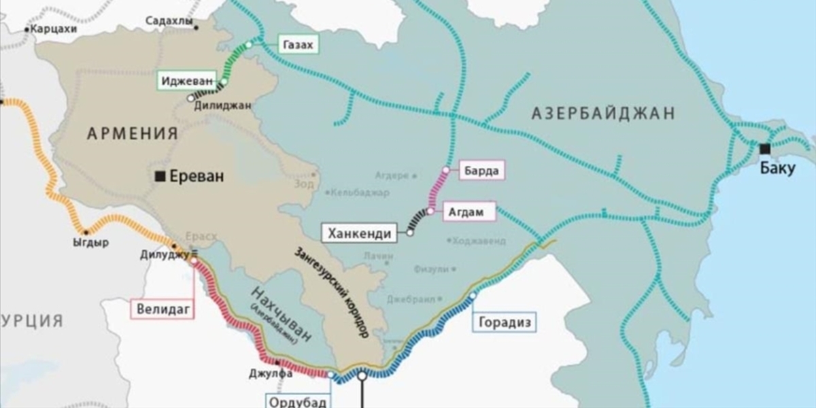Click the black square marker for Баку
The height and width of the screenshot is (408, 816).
click(x=765, y=149)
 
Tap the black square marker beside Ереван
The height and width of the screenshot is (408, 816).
click(x=160, y=177)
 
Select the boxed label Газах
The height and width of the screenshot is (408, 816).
click(x=298, y=45)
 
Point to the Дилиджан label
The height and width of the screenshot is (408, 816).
click(x=222, y=105)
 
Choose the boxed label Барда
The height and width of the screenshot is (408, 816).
click(x=483, y=171)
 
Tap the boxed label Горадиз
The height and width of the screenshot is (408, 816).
click(x=504, y=321)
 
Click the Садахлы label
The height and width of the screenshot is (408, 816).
click(x=170, y=21)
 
